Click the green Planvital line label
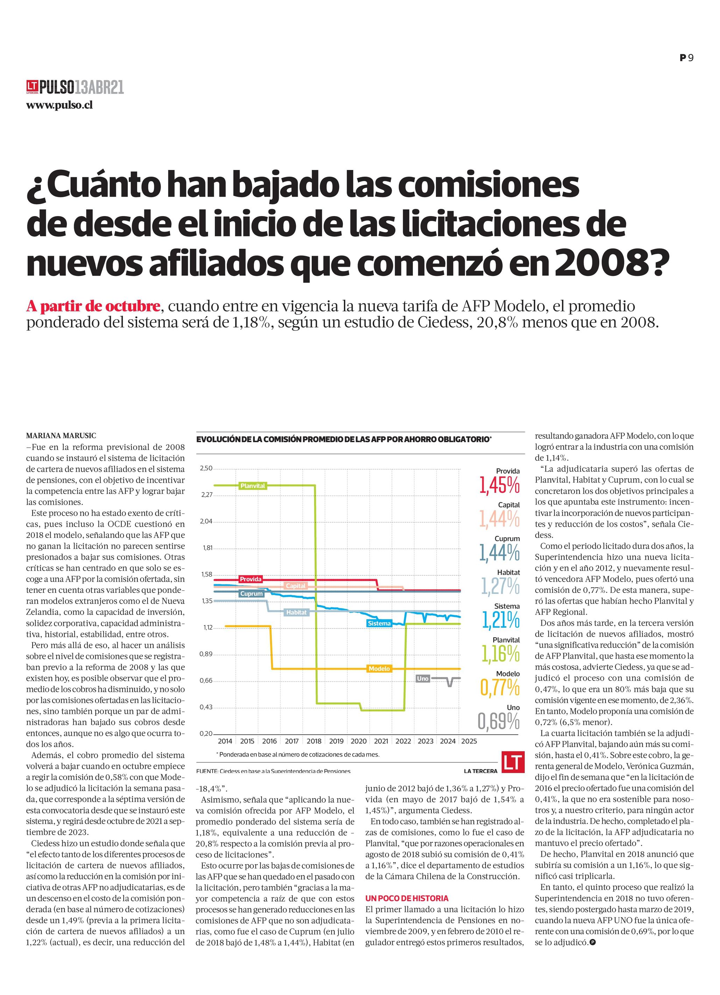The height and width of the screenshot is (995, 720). tap(253, 486)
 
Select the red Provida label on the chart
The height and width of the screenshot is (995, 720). tap(250, 579)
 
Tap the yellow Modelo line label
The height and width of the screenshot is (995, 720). tap(379, 669)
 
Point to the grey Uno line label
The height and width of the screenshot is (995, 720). tap(423, 679)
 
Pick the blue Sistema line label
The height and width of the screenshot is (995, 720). tap(379, 624)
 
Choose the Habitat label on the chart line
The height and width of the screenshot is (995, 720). tap(297, 612)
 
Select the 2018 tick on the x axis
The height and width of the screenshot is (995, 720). tap(314, 741)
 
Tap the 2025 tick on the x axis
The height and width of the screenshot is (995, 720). tap(469, 741)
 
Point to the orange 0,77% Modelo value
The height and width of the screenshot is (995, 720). tap(500, 688)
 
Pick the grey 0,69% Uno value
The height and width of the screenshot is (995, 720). tap(499, 722)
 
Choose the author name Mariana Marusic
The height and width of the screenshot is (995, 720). tap(61, 436)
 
